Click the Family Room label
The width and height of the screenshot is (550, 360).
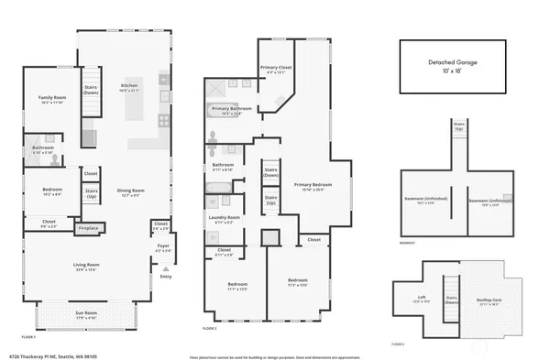tap(52, 97)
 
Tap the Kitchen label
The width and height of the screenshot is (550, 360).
tap(129, 86)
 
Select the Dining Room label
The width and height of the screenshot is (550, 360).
tap(131, 191)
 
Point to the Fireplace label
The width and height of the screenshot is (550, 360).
tap(88, 227)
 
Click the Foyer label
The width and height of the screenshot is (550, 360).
tap(163, 245)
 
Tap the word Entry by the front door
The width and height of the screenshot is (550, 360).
tap(165, 277)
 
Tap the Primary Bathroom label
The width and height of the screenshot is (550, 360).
tap(232, 109)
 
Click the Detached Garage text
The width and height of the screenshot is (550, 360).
tap(453, 62)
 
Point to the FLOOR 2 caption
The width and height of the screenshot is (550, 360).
tap(210, 327)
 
